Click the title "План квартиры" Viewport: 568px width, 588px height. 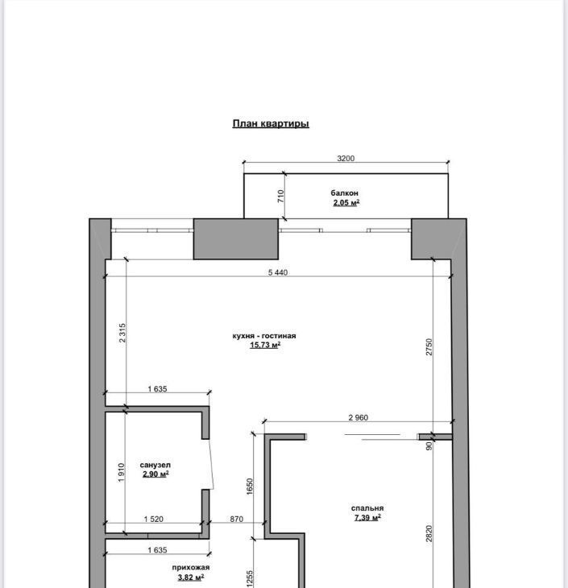click(271, 124)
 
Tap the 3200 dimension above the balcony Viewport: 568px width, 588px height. click(346, 158)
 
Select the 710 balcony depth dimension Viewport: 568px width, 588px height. click(280, 196)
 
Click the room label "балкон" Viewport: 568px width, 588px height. click(344, 193)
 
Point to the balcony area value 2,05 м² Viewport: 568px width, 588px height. click(346, 203)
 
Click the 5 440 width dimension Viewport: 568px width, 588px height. click(278, 272)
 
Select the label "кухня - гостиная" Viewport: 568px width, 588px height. click(264, 336)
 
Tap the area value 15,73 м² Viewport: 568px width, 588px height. click(265, 345)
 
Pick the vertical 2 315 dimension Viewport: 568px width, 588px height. click(122, 333)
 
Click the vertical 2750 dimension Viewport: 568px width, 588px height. click(429, 347)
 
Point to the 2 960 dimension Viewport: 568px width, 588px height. click(359, 417)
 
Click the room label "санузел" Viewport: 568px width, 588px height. click(155, 465)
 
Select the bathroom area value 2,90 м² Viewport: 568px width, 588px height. click(155, 474)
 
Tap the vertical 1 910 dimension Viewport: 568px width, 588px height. click(121, 473)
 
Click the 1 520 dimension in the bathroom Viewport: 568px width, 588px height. click(153, 519)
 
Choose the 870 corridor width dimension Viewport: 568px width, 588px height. click(236, 519)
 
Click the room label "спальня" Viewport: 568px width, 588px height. click(367, 508)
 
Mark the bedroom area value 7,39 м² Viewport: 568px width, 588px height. click(367, 518)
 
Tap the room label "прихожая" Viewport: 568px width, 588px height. click(191, 567)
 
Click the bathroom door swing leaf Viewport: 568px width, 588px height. click(211, 464)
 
